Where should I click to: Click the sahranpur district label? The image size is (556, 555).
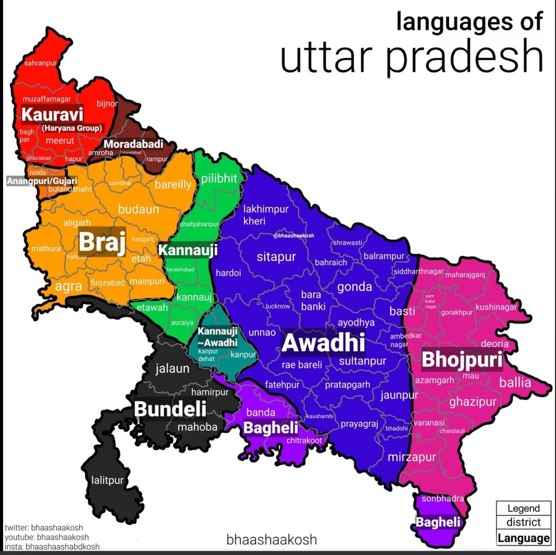[40, 63]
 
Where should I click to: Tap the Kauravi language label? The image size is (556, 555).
[52, 115]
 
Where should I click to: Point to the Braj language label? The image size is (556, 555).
[102, 241]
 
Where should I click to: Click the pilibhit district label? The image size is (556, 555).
[219, 179]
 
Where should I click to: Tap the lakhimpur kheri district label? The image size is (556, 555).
[266, 215]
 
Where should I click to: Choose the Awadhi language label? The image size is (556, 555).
[323, 343]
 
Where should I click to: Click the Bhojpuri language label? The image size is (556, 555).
[462, 360]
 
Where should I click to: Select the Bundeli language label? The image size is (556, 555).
[170, 409]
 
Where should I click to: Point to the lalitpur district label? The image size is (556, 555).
[108, 480]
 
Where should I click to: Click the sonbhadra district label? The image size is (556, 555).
[443, 498]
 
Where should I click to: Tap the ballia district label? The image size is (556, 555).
[515, 383]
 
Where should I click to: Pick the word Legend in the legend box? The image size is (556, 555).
[523, 508]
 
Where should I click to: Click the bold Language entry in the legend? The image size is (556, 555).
[523, 539]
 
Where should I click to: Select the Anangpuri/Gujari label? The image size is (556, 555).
[42, 181]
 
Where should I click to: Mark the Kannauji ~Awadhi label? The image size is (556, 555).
[218, 337]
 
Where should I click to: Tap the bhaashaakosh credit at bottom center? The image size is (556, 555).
[271, 540]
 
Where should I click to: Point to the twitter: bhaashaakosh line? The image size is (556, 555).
[44, 528]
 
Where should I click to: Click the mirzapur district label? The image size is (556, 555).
[411, 457]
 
